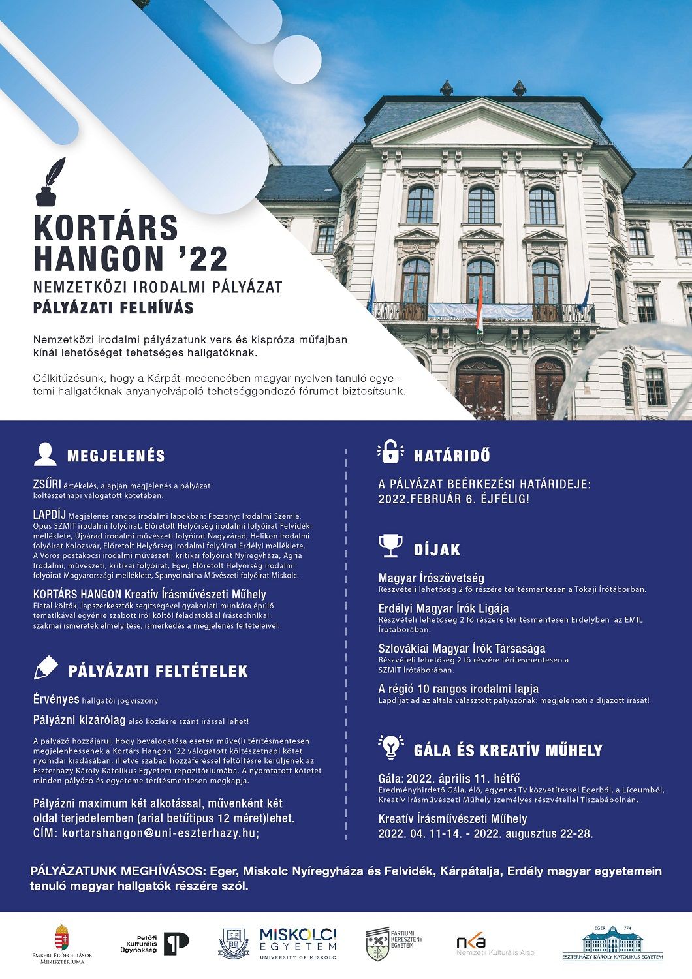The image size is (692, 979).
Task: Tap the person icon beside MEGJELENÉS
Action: (45, 454)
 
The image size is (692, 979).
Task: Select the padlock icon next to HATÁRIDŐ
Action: (389, 452)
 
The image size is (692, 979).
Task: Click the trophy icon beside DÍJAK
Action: (390, 546)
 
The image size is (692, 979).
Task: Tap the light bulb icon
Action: (390, 746)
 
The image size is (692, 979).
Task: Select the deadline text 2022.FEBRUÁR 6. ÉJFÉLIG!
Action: (454, 499)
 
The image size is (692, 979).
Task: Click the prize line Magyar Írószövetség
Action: (432, 578)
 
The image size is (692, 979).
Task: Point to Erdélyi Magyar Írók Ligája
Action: (443, 609)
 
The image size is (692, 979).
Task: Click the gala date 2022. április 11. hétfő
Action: (449, 778)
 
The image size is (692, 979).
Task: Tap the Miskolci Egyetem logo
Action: (298, 943)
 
